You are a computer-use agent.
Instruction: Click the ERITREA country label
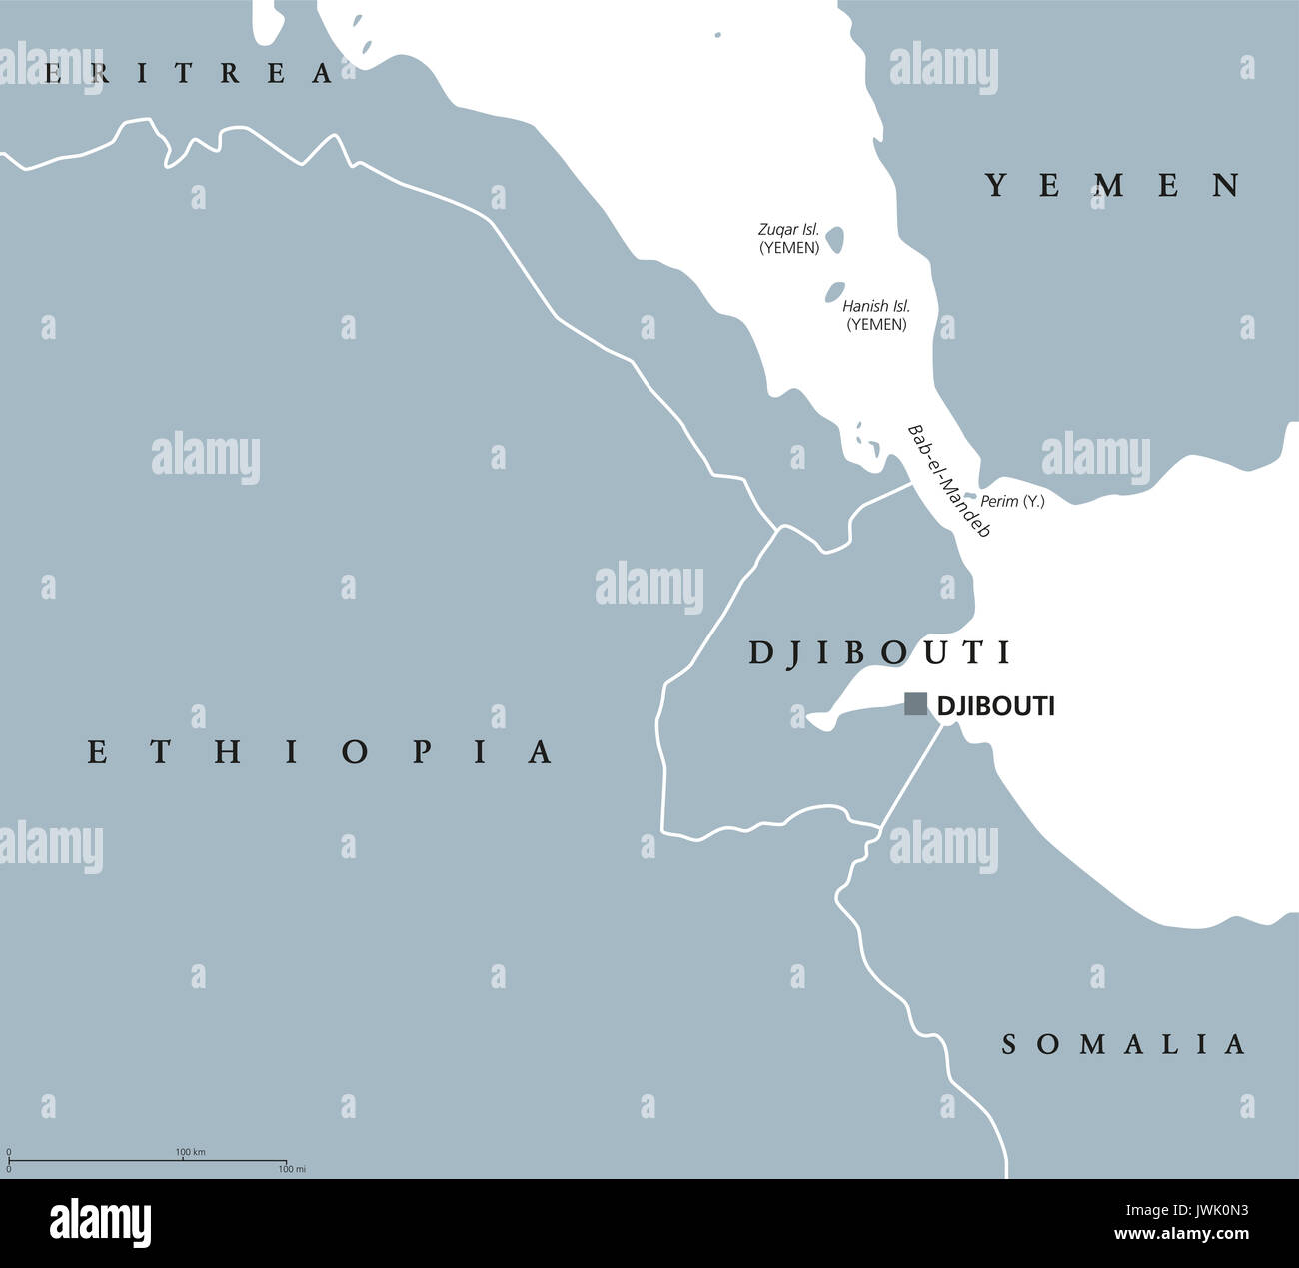190,73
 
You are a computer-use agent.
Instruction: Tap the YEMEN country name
1114,185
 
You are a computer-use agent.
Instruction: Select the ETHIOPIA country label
320,751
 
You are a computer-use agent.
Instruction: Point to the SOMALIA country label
1124,1044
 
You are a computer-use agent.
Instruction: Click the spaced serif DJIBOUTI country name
880,652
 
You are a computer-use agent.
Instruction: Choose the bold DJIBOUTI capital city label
995,706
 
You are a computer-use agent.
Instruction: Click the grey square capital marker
915,704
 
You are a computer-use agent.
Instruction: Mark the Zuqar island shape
834,239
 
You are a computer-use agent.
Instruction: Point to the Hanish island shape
832,293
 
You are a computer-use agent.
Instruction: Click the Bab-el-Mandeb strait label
947,481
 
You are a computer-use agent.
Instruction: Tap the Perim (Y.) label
1012,501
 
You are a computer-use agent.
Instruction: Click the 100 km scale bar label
190,1152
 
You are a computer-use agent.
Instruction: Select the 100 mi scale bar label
291,1169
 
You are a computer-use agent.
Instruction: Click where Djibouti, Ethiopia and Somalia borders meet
879,827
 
